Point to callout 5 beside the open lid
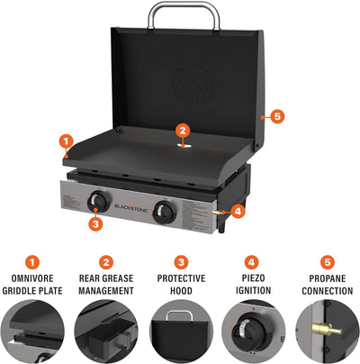[277, 115]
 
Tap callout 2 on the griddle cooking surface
[182, 130]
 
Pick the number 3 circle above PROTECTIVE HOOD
[180, 260]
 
